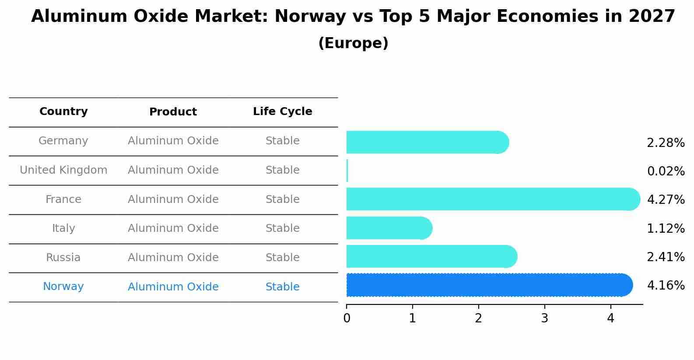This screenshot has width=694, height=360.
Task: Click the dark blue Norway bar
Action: [x=490, y=285]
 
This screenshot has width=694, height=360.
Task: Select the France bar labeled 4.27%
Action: [x=493, y=199]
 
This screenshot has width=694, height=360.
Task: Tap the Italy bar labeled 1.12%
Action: [x=389, y=228]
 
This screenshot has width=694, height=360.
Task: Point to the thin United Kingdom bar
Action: [x=347, y=171]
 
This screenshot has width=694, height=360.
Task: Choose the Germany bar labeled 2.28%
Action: [x=428, y=142]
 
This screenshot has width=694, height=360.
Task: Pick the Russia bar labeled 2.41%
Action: [x=432, y=256]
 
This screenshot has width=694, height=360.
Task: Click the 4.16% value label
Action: [x=666, y=285]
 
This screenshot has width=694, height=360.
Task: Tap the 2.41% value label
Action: [x=666, y=257]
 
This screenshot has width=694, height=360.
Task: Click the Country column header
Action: [x=63, y=111]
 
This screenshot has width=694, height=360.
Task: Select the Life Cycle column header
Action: [x=283, y=111]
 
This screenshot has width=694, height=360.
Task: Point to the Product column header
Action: [x=173, y=112]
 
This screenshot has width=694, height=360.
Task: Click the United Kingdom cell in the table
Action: [x=63, y=170]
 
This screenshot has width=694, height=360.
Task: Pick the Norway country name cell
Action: [x=63, y=286]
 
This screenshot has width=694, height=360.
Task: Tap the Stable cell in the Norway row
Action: [x=283, y=287]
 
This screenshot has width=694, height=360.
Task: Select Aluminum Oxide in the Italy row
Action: [x=173, y=228]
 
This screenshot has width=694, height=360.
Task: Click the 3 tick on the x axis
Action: [x=545, y=318]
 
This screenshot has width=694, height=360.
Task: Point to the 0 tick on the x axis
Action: [x=347, y=318]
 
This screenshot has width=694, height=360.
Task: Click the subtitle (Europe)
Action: [x=353, y=43]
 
